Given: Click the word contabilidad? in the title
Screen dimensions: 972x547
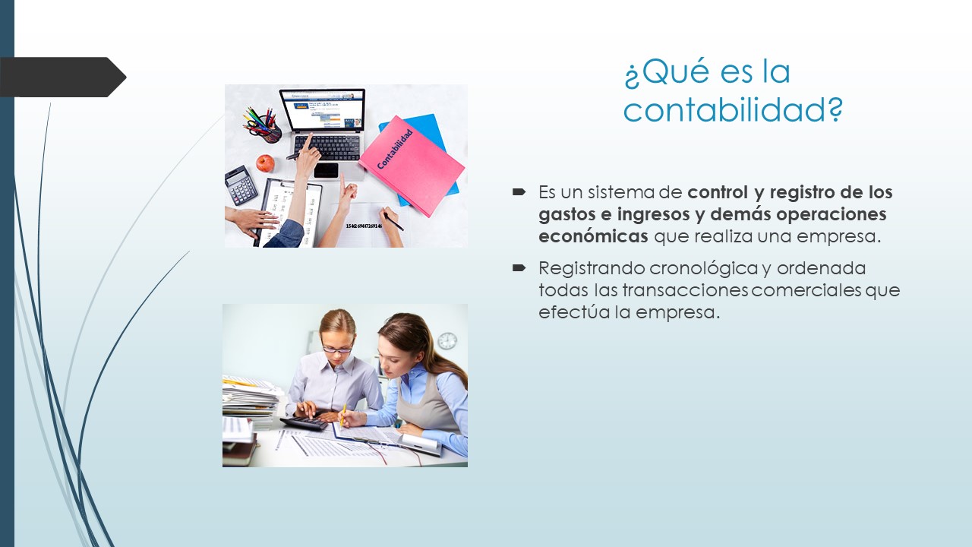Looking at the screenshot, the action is pyautogui.click(x=733, y=109).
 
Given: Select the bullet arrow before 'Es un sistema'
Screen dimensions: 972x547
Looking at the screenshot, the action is pyautogui.click(x=519, y=191).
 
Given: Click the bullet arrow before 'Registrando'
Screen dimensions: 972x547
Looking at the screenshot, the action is pyautogui.click(x=519, y=267).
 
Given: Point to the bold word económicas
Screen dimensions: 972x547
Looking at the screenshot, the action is pyautogui.click(x=593, y=236).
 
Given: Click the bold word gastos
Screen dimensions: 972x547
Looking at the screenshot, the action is pyautogui.click(x=567, y=215).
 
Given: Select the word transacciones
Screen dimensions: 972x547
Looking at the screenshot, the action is pyautogui.click(x=686, y=290).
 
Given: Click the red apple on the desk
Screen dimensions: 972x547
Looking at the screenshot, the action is pyautogui.click(x=265, y=163).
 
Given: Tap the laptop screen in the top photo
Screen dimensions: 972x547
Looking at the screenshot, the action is pyautogui.click(x=322, y=110).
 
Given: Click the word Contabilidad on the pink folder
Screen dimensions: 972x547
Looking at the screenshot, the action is pyautogui.click(x=394, y=149).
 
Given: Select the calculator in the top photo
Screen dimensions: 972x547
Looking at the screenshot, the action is pyautogui.click(x=241, y=185).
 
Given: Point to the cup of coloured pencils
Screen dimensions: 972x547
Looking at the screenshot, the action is pyautogui.click(x=263, y=125).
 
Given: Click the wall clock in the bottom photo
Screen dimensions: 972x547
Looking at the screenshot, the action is pyautogui.click(x=447, y=341).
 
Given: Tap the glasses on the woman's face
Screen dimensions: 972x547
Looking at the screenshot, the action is pyautogui.click(x=337, y=349).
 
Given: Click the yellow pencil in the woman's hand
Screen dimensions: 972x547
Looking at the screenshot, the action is pyautogui.click(x=342, y=415).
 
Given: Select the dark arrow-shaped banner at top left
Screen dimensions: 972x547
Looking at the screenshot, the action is pyautogui.click(x=63, y=77).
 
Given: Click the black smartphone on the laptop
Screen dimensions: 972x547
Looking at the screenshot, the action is pyautogui.click(x=326, y=170).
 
